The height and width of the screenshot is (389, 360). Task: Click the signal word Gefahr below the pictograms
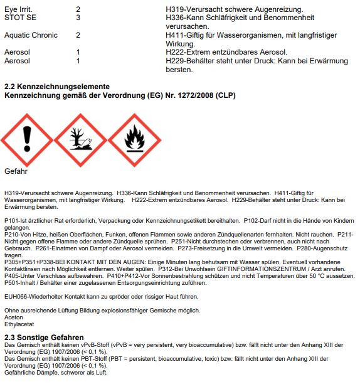pyautogui.click(x=16, y=171)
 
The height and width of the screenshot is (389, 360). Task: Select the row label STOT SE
pyautogui.click(x=20, y=18)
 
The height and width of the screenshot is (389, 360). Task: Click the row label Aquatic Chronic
pyautogui.click(x=31, y=35)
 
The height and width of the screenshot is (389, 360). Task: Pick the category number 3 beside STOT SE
pyautogui.click(x=78, y=18)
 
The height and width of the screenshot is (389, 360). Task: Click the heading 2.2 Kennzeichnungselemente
pyautogui.click(x=57, y=87)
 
